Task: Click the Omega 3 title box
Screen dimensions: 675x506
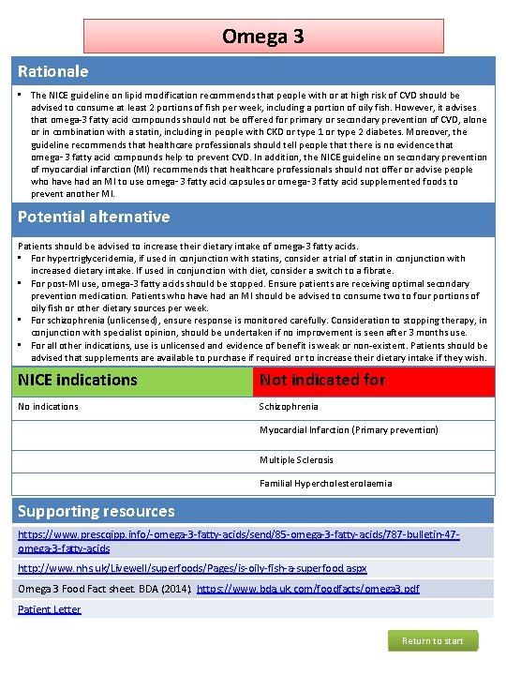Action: pyautogui.click(x=262, y=37)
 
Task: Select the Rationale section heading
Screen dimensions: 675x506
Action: pyautogui.click(x=53, y=71)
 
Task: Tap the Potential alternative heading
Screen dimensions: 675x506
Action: pyautogui.click(x=94, y=217)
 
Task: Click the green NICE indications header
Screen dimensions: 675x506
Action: pyautogui.click(x=131, y=380)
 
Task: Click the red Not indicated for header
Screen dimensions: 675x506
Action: pyautogui.click(x=374, y=380)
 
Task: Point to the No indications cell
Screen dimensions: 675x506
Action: pyautogui.click(x=49, y=407)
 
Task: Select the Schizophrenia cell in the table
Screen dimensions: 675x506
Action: pyautogui.click(x=289, y=407)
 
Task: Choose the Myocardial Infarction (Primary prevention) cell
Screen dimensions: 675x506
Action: pyautogui.click(x=348, y=430)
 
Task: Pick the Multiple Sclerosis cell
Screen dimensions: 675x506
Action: pyautogui.click(x=296, y=460)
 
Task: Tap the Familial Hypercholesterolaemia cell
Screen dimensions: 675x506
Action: pyautogui.click(x=325, y=484)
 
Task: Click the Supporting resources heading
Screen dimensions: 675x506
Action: pyautogui.click(x=96, y=511)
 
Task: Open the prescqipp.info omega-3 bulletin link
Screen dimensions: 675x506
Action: pyautogui.click(x=238, y=541)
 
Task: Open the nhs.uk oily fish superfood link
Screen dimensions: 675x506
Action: pyautogui.click(x=192, y=568)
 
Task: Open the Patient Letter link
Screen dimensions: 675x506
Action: pyautogui.click(x=49, y=609)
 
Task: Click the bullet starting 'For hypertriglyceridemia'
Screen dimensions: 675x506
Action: pyautogui.click(x=247, y=264)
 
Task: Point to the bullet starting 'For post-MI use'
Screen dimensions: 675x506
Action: pyautogui.click(x=247, y=295)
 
